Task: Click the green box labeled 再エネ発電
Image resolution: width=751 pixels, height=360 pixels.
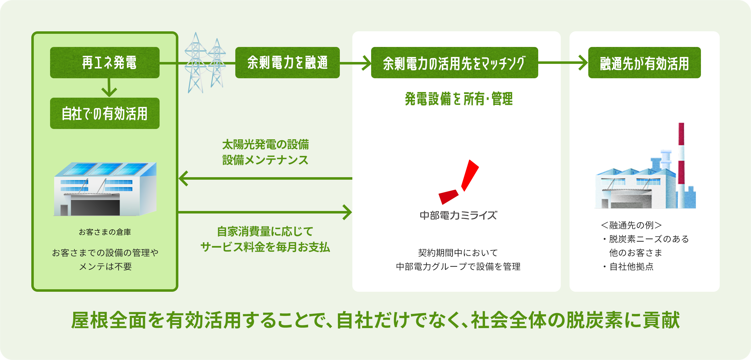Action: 105,63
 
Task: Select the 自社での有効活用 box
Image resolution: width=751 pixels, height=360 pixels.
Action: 105,113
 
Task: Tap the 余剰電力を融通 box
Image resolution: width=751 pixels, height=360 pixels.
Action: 287,63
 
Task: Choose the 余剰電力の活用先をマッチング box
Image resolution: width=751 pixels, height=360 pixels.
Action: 454,63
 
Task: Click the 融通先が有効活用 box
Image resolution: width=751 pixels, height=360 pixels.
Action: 644,63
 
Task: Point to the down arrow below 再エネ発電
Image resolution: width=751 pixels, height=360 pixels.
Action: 109,88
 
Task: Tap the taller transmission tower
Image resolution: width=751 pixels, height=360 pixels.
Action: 196,63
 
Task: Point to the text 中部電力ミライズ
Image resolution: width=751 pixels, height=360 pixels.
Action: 458,216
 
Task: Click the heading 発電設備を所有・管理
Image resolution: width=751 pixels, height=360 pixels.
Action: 459,99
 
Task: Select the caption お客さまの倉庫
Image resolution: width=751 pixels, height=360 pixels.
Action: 105,232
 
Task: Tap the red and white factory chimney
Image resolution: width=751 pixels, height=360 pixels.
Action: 681,163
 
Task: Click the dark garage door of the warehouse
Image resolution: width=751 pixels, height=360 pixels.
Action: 95,207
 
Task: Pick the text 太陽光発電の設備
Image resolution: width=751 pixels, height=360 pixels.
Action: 265,145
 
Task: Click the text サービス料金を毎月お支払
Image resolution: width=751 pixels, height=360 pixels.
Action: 265,247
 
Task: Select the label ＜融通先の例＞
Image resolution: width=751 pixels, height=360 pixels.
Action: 631,225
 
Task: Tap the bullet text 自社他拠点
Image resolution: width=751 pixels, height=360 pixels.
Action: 631,267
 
